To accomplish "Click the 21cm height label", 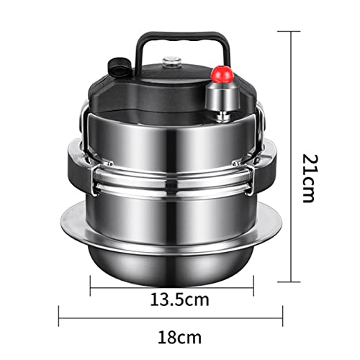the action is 307,179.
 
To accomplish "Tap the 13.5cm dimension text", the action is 179,300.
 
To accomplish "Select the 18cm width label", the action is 179,338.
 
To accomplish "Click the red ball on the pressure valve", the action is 222,75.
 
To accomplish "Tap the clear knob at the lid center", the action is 171,63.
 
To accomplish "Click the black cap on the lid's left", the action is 120,66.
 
